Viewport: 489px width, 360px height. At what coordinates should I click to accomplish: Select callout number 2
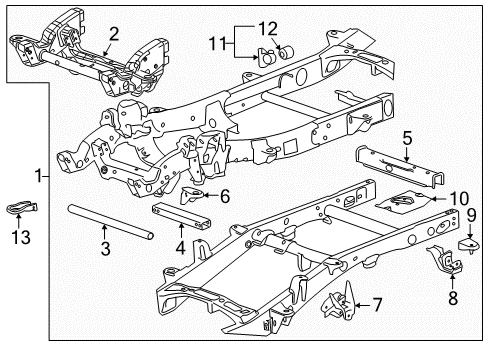pos(115,34)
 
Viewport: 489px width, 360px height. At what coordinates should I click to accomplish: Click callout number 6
pos(224,196)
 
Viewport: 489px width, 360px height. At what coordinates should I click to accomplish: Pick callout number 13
pos(20,236)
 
